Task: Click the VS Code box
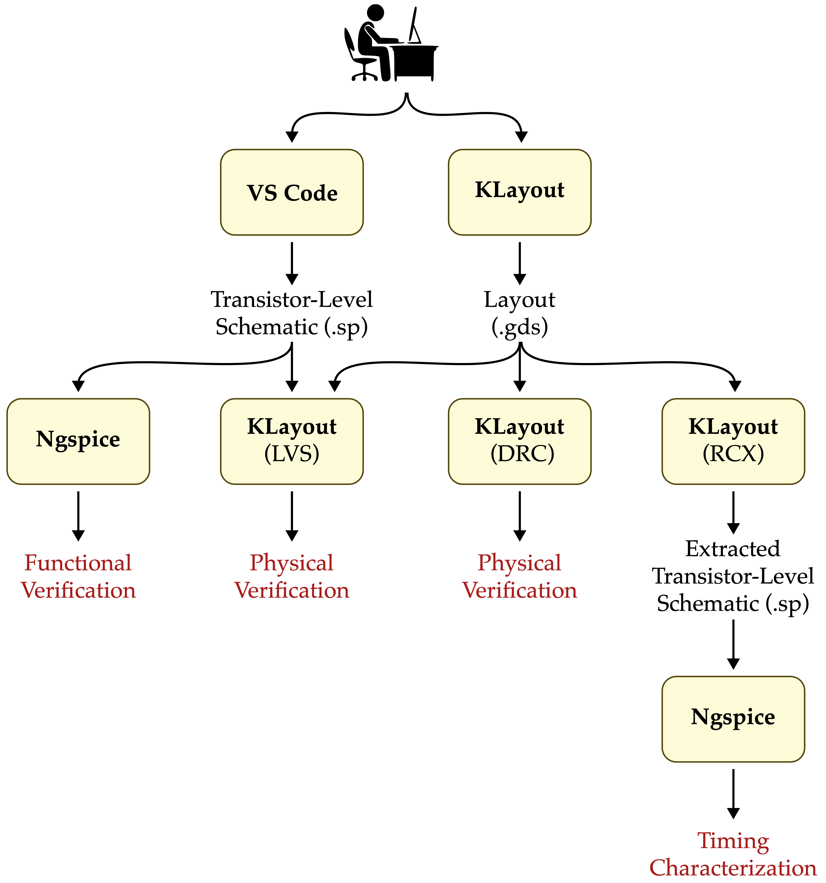pos(292,192)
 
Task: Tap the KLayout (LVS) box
pos(292,441)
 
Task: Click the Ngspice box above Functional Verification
pos(78,441)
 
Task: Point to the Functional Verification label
pos(78,576)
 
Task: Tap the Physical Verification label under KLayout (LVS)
pos(292,576)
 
